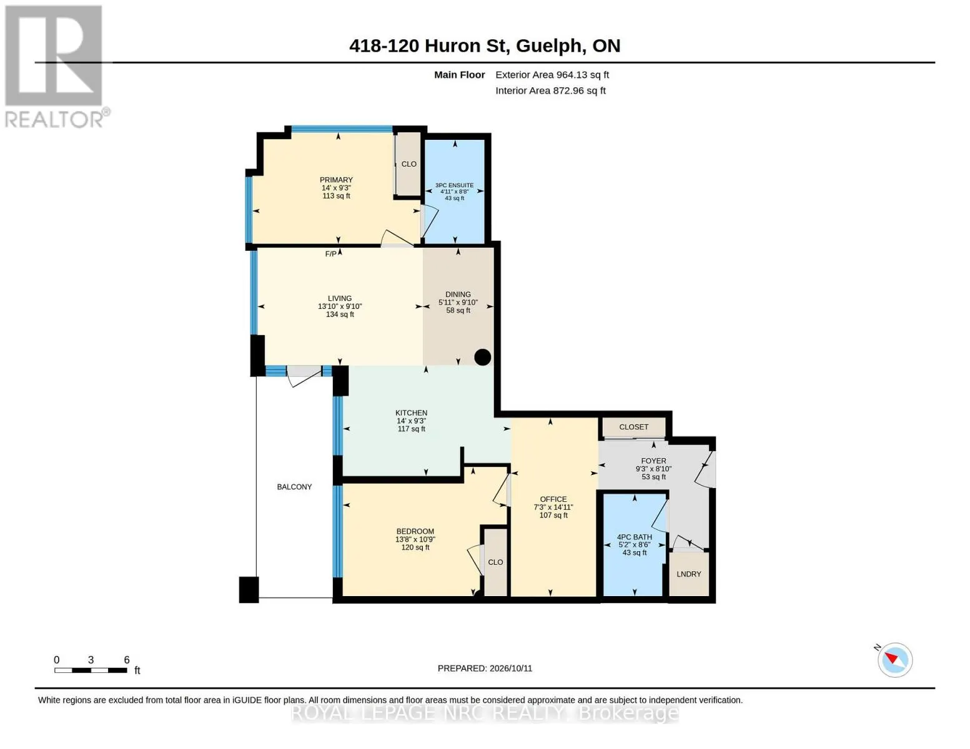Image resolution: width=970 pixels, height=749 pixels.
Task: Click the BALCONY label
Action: [x=294, y=487]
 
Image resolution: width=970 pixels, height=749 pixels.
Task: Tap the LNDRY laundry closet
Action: [x=689, y=574]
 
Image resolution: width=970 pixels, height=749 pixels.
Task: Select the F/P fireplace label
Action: [x=331, y=254]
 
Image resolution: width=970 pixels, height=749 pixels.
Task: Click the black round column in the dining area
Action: [x=483, y=357]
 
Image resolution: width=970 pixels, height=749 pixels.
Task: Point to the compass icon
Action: [x=894, y=660]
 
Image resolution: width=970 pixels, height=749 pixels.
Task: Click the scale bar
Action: [x=91, y=670]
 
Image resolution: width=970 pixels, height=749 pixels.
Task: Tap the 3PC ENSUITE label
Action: [x=455, y=185]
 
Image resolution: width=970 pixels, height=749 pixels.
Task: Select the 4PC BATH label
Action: [x=635, y=537]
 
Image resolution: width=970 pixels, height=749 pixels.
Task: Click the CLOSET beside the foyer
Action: [x=634, y=427]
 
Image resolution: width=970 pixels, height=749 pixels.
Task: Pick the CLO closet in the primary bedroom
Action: [x=408, y=164]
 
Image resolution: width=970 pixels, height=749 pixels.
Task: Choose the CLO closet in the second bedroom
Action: [x=495, y=562]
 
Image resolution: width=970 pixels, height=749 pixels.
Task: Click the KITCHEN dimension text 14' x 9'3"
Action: [x=411, y=421]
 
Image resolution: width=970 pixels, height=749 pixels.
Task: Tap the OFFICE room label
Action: [x=553, y=499]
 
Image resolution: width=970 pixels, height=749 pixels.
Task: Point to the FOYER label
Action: [x=653, y=461]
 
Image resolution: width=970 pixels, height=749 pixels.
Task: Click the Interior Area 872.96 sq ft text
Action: [x=550, y=91]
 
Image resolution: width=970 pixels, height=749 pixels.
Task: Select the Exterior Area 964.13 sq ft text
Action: [x=552, y=75]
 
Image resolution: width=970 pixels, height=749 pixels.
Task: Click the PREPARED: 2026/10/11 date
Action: [x=485, y=668]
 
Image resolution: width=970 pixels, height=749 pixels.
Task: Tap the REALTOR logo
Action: [x=56, y=67]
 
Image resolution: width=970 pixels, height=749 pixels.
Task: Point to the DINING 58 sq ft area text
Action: [x=458, y=310]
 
